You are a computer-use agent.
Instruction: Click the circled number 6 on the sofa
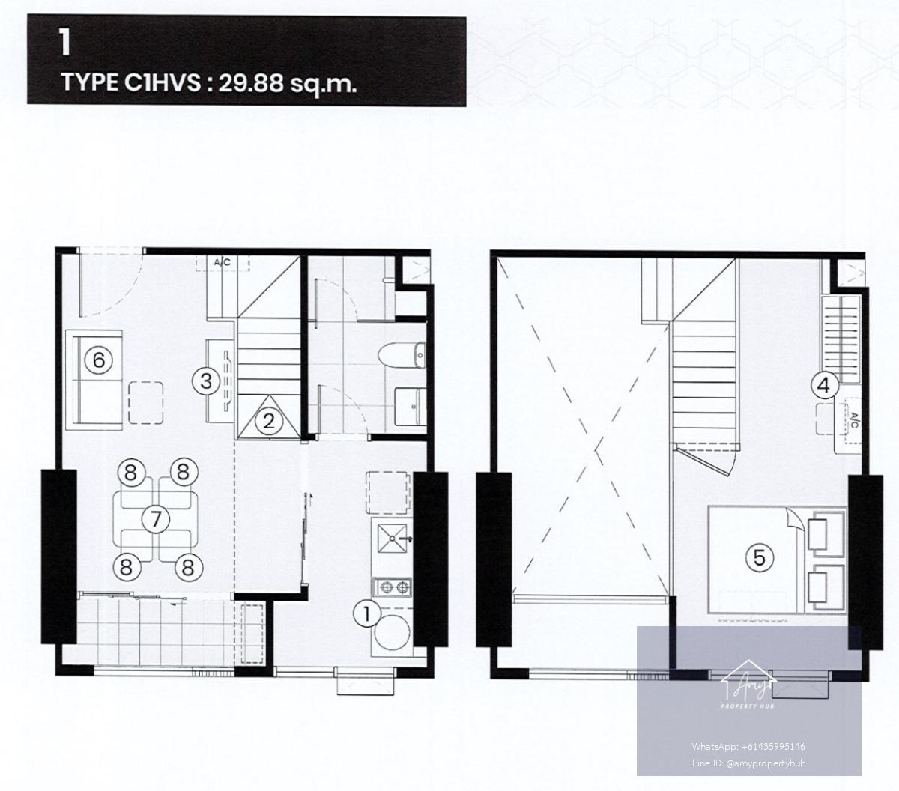98,360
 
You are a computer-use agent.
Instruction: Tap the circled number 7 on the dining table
155,519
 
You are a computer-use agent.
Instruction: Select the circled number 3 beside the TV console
206,381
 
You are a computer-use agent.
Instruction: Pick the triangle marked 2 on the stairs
268,417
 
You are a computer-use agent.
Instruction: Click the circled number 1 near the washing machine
367,614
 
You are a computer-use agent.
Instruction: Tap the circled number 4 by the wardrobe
823,386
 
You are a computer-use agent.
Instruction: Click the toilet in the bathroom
402,355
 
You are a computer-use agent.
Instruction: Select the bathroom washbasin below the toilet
410,407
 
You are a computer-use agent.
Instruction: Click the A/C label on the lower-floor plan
223,263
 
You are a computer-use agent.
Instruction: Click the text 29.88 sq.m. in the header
287,83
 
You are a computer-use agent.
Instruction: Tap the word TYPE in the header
90,82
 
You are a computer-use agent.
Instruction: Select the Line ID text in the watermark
748,763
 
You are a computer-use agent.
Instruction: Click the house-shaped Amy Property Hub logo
748,685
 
